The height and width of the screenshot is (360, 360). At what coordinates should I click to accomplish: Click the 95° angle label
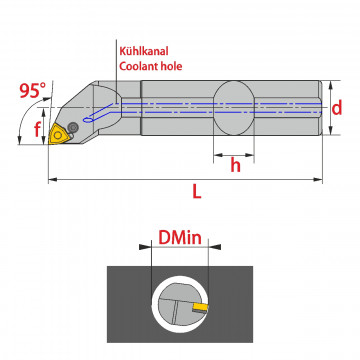33,90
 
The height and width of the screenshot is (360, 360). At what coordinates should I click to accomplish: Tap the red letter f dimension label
37,129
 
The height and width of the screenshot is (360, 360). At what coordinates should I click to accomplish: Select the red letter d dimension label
337,108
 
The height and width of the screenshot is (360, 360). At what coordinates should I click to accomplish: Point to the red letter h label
235,165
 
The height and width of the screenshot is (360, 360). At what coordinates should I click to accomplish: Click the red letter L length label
197,191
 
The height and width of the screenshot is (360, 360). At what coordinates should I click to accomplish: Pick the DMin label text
180,238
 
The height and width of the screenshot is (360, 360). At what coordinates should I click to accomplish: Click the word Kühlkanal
144,51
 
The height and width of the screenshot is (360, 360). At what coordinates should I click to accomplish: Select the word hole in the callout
171,66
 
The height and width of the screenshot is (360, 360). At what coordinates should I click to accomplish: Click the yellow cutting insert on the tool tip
57,135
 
